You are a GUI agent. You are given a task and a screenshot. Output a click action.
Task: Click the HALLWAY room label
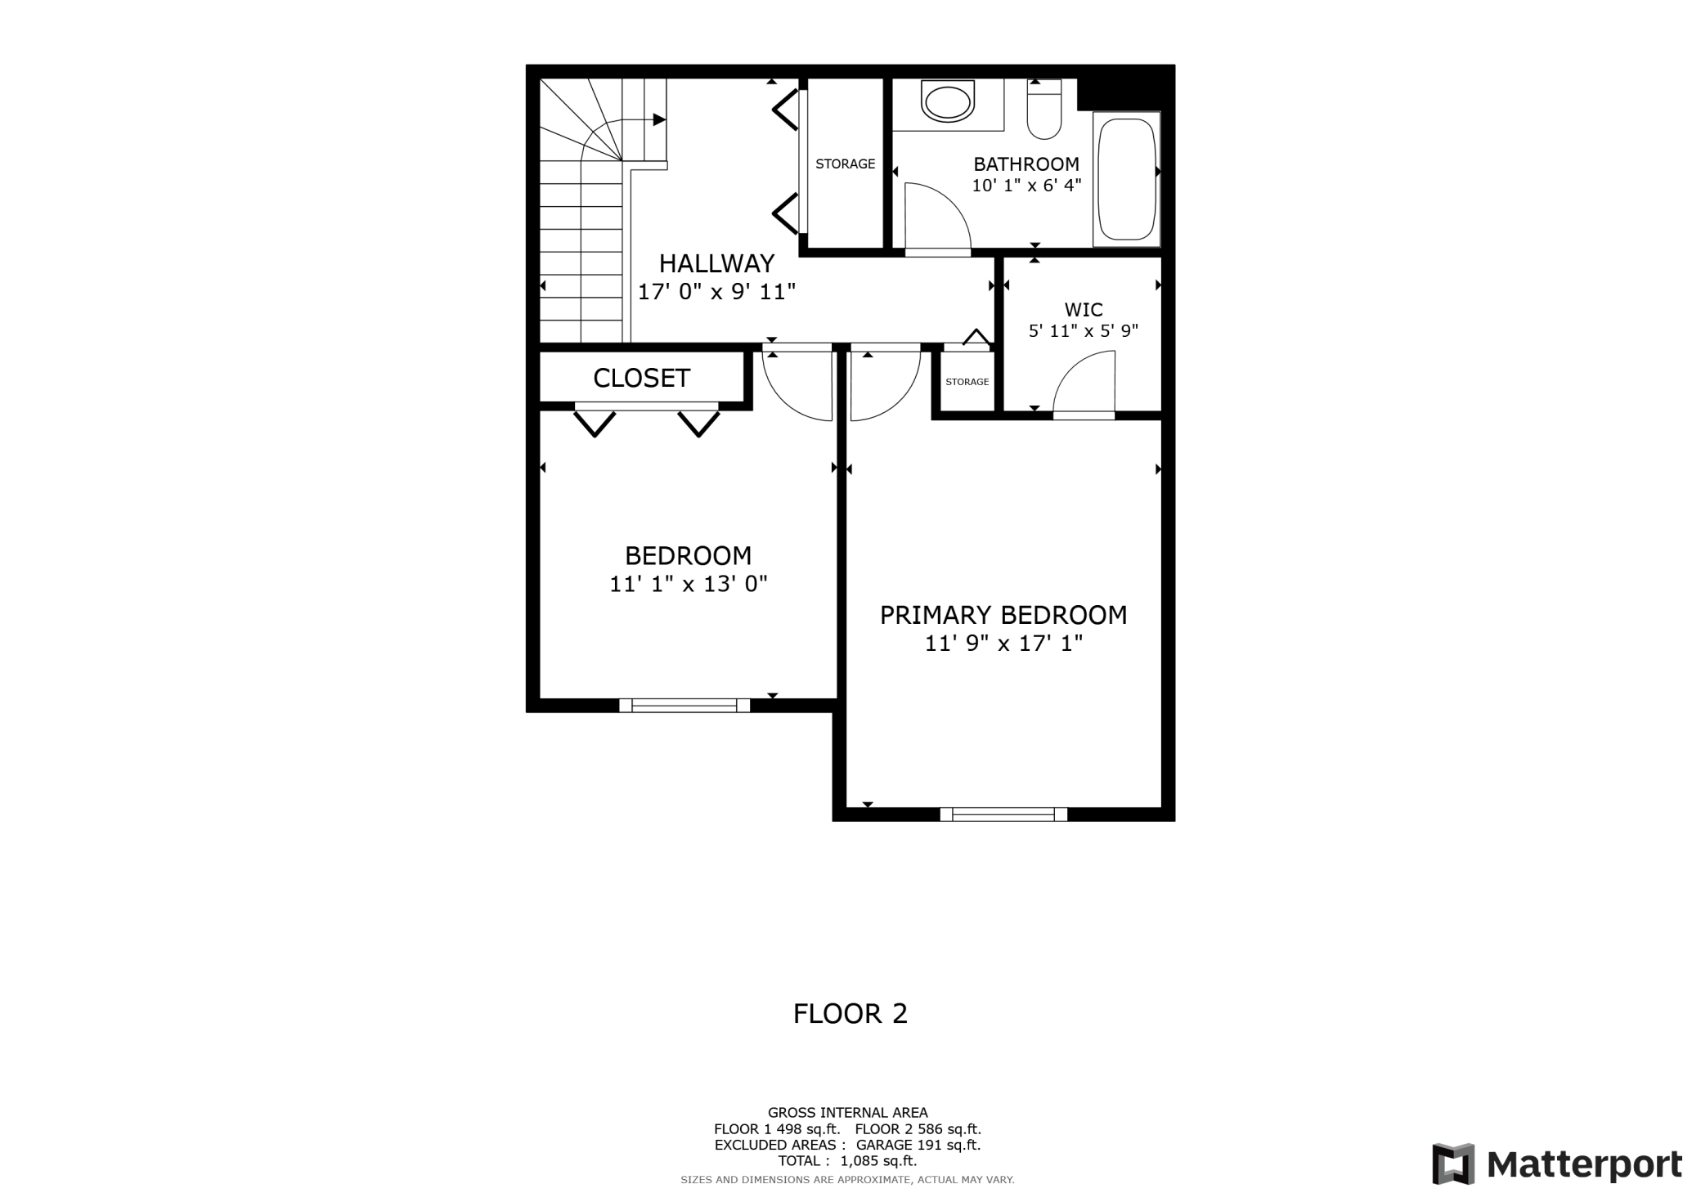tap(716, 263)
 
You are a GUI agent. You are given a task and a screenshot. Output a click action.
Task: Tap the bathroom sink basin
tap(948, 103)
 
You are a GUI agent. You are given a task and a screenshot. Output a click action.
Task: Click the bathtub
tap(1127, 179)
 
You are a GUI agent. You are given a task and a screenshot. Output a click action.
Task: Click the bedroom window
tap(684, 706)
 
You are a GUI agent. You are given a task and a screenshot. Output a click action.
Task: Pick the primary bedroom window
tap(1003, 814)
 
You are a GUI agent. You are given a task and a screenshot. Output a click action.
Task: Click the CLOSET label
tap(641, 378)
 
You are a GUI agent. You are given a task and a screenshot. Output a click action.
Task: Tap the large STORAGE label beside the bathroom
tap(845, 164)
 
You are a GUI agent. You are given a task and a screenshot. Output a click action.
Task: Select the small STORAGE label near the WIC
tap(967, 382)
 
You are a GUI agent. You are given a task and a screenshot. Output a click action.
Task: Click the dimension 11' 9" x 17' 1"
tap(1003, 644)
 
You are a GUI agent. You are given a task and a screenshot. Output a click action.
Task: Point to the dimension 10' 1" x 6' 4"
tap(1026, 186)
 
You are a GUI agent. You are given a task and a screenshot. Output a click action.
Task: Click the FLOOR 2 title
tap(850, 1014)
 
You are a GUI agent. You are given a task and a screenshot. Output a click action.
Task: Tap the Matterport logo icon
tap(1453, 1164)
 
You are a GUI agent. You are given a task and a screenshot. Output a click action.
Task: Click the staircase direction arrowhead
tap(659, 120)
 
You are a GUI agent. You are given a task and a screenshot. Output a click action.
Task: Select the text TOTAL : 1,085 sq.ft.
tap(847, 1161)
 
